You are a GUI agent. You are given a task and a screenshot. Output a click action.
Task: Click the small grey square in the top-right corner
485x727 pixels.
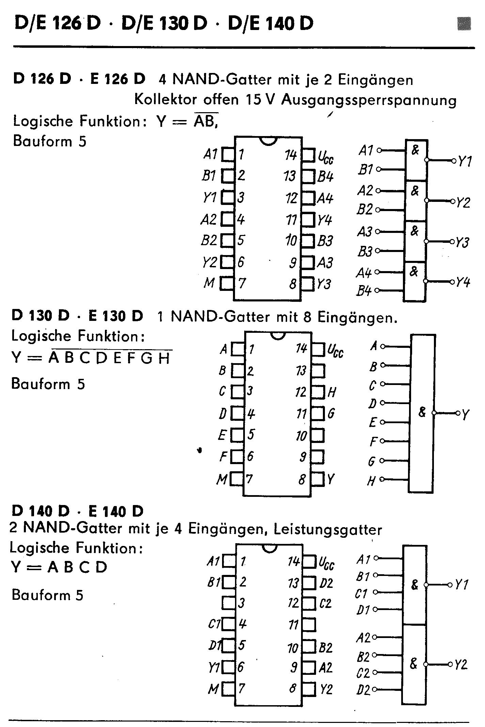pos(464,24)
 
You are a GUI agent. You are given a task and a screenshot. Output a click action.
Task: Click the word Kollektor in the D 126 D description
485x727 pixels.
pos(166,100)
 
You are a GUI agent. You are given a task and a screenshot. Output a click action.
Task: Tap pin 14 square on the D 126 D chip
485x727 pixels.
pos(308,155)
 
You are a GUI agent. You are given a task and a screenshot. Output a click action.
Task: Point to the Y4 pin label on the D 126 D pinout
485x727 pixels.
pos(325,220)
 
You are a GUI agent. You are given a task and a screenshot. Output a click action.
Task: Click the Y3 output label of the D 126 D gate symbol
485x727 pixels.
pos(463,242)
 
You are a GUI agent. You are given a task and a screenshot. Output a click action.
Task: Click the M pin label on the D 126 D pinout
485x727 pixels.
pos(209,283)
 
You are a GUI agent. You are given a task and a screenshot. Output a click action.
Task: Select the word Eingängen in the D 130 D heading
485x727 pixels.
pos(358,317)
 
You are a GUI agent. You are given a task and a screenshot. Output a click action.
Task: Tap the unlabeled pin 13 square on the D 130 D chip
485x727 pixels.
pos(318,371)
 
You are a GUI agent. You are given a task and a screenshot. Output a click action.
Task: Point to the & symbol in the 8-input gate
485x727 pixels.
pos(422,412)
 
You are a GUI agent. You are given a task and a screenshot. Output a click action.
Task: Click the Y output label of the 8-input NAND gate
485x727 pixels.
pos(465,414)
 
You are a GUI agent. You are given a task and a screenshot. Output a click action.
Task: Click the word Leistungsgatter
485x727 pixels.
pos(328,530)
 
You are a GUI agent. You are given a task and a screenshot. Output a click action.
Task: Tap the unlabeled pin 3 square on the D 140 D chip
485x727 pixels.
pos(228,603)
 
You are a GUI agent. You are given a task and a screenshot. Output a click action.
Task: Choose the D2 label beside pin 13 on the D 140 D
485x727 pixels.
pos(326,583)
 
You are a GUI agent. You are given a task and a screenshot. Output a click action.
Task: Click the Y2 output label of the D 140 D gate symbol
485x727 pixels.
pos(461,665)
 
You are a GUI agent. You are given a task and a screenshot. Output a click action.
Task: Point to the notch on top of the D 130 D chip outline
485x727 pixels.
pos(278,336)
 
